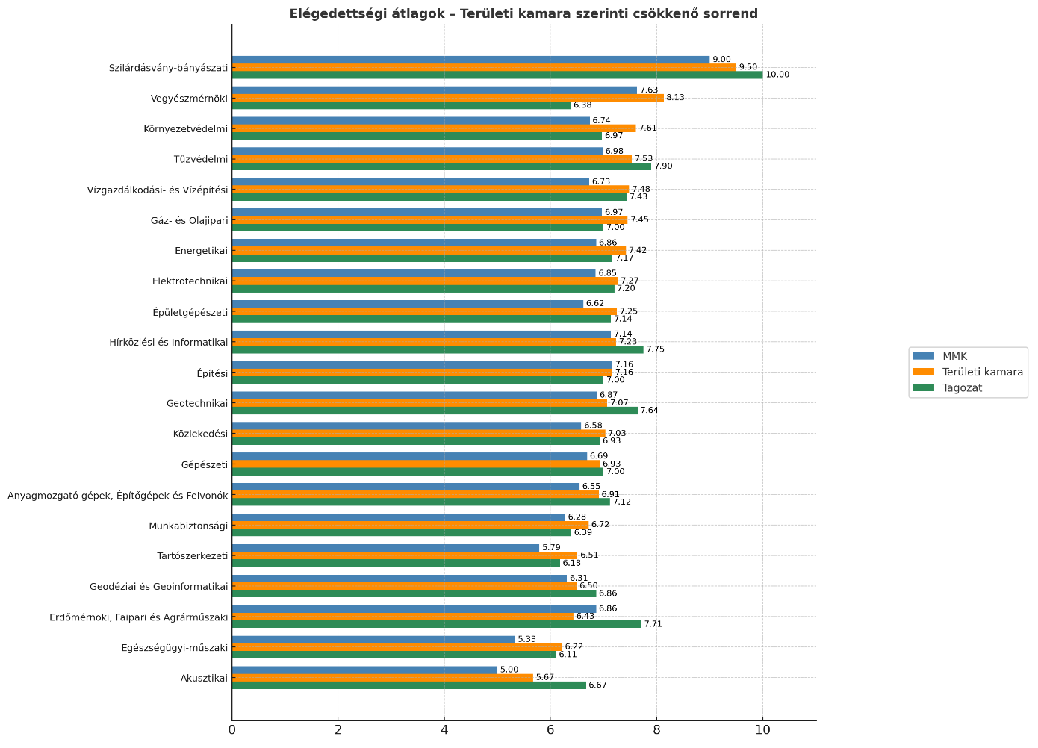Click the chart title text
pos(523,13)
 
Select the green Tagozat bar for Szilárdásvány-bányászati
pos(497,75)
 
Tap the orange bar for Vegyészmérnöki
pos(448,98)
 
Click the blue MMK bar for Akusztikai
pos(364,670)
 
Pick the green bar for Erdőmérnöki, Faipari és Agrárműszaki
pos(436,624)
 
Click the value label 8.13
pos(675,98)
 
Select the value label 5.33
pos(526,640)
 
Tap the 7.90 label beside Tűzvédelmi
pos(663,166)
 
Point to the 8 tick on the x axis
pos(656,729)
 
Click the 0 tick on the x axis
pos(232,729)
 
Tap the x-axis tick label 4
pos(444,729)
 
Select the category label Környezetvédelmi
pos(185,128)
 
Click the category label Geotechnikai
pos(197,404)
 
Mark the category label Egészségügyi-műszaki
pos(174,648)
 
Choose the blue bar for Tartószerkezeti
pos(385,548)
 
